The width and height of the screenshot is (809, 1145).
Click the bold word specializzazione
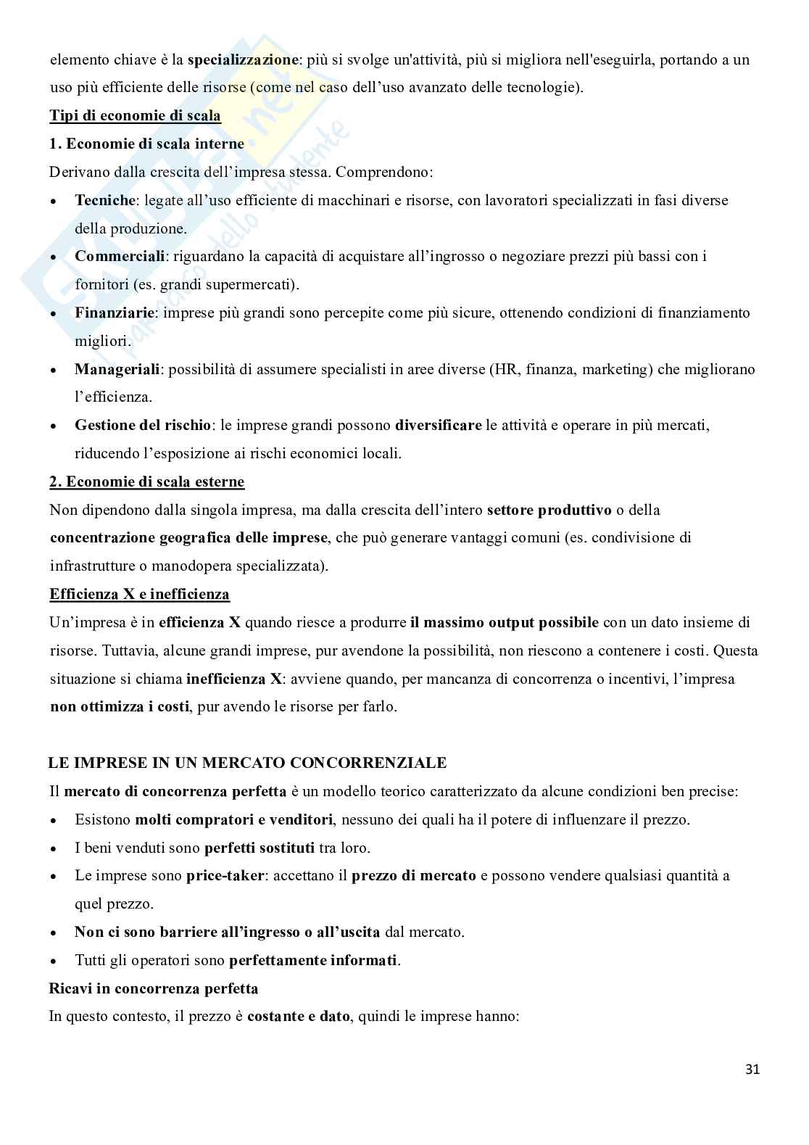coord(242,59)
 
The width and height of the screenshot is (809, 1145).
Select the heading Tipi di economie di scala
coord(135,115)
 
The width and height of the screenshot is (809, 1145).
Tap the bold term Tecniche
coord(105,200)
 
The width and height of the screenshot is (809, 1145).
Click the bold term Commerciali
coord(120,256)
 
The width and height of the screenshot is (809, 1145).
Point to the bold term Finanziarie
coord(115,313)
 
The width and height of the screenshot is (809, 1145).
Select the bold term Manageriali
coord(117,369)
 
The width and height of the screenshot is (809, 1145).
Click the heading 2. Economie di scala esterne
coord(146,481)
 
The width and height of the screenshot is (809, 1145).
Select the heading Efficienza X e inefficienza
coord(139,595)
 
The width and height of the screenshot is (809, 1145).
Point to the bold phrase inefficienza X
coord(233,679)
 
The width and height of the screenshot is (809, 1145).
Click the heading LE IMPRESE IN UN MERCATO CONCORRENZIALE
coord(247,763)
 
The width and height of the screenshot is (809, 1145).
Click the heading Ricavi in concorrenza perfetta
coord(153,988)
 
